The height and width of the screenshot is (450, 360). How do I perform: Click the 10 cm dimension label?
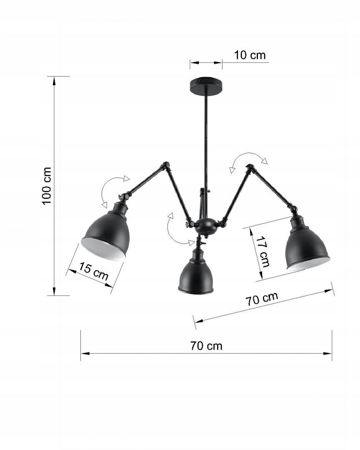click(x=250, y=55)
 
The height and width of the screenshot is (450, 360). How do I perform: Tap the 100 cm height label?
click(x=47, y=186)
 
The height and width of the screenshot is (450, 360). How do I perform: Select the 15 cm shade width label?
click(x=94, y=271)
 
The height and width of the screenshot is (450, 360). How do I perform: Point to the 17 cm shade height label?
click(x=263, y=252)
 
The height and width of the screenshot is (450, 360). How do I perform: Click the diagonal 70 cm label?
click(x=262, y=299)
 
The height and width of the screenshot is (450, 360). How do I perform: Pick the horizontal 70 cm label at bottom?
click(x=206, y=346)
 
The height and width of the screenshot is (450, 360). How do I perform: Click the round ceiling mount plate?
click(x=206, y=85)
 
